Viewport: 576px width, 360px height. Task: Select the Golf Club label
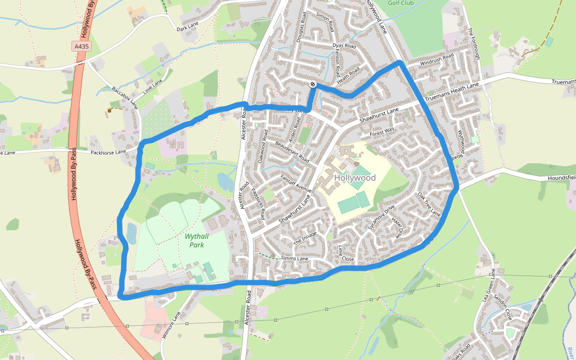click(x=401, y=2)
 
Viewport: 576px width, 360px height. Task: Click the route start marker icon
click(x=313, y=84)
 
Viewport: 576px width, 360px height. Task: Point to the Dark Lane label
click(x=187, y=28)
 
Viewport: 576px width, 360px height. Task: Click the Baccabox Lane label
click(x=125, y=97)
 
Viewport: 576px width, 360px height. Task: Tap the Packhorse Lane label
click(x=108, y=152)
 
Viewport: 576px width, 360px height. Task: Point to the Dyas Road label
click(x=344, y=46)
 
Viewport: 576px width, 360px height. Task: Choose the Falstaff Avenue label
click(x=296, y=182)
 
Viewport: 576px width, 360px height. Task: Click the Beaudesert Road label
click(x=292, y=152)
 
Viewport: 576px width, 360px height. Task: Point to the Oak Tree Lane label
click(x=429, y=205)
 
